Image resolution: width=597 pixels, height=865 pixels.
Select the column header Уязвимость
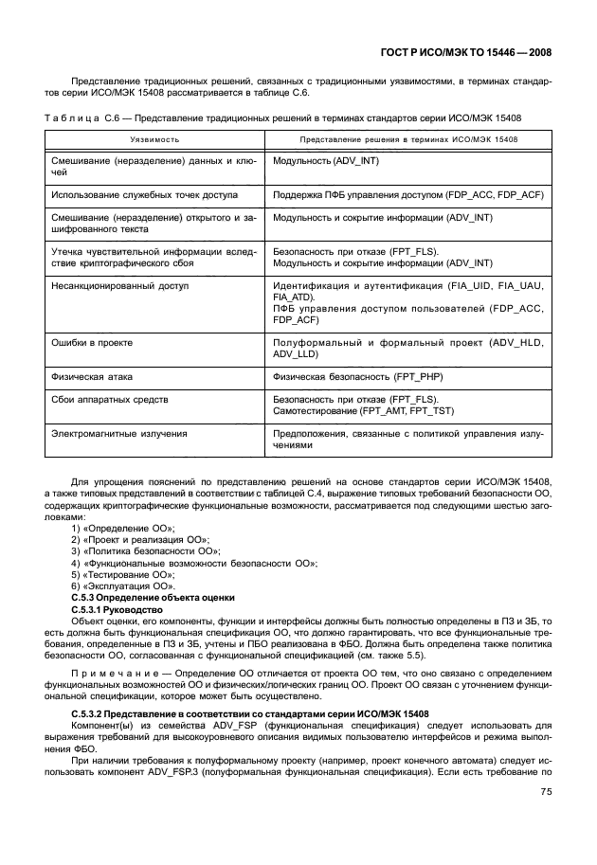click(154, 139)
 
